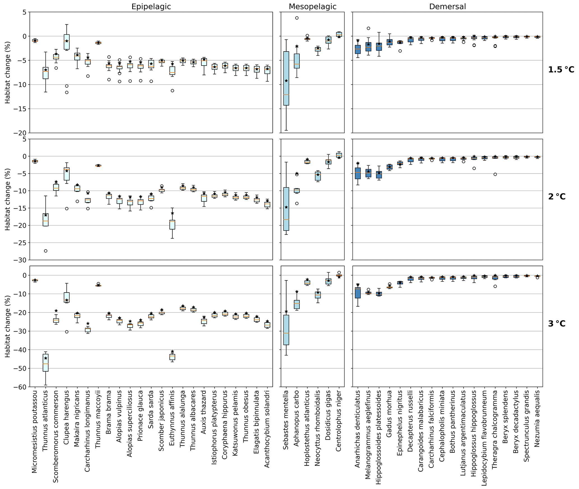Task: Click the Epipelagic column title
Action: [151, 6]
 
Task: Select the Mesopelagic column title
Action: [312, 6]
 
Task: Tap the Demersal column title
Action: [447, 6]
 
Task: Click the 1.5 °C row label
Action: [561, 69]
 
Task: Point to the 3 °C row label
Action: [557, 324]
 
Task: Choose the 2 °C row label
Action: [557, 197]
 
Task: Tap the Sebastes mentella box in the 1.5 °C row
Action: [286, 78]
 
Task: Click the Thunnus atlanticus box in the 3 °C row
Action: [45, 363]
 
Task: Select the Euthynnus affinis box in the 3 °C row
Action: [172, 357]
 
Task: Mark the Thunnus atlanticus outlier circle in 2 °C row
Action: [45, 251]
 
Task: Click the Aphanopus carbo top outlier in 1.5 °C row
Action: [297, 18]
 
